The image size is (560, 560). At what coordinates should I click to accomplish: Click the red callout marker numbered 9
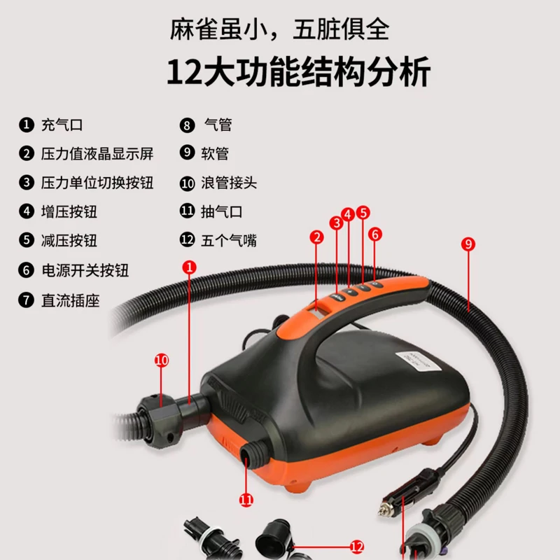(468, 244)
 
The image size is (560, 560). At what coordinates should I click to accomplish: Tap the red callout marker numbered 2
(317, 237)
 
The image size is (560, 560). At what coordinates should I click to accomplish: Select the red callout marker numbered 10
(162, 360)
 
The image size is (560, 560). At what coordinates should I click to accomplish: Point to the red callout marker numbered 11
(246, 500)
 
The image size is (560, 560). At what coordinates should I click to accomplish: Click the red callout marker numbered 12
(357, 547)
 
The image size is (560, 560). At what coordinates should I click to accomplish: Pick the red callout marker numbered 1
(189, 267)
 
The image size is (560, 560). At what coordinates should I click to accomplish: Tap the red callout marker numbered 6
(375, 234)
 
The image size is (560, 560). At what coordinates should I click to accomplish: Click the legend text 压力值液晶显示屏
(97, 154)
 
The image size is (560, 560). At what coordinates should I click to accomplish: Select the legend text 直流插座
(71, 300)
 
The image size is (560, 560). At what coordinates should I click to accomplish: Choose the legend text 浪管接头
(229, 183)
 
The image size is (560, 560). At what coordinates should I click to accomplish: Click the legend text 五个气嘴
(229, 240)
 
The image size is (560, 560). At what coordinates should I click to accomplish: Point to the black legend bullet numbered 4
(27, 211)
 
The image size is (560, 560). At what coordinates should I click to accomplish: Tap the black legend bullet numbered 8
(187, 125)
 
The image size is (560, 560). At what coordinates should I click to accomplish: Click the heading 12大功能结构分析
(299, 72)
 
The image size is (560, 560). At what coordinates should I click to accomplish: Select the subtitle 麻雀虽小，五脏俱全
(279, 29)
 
